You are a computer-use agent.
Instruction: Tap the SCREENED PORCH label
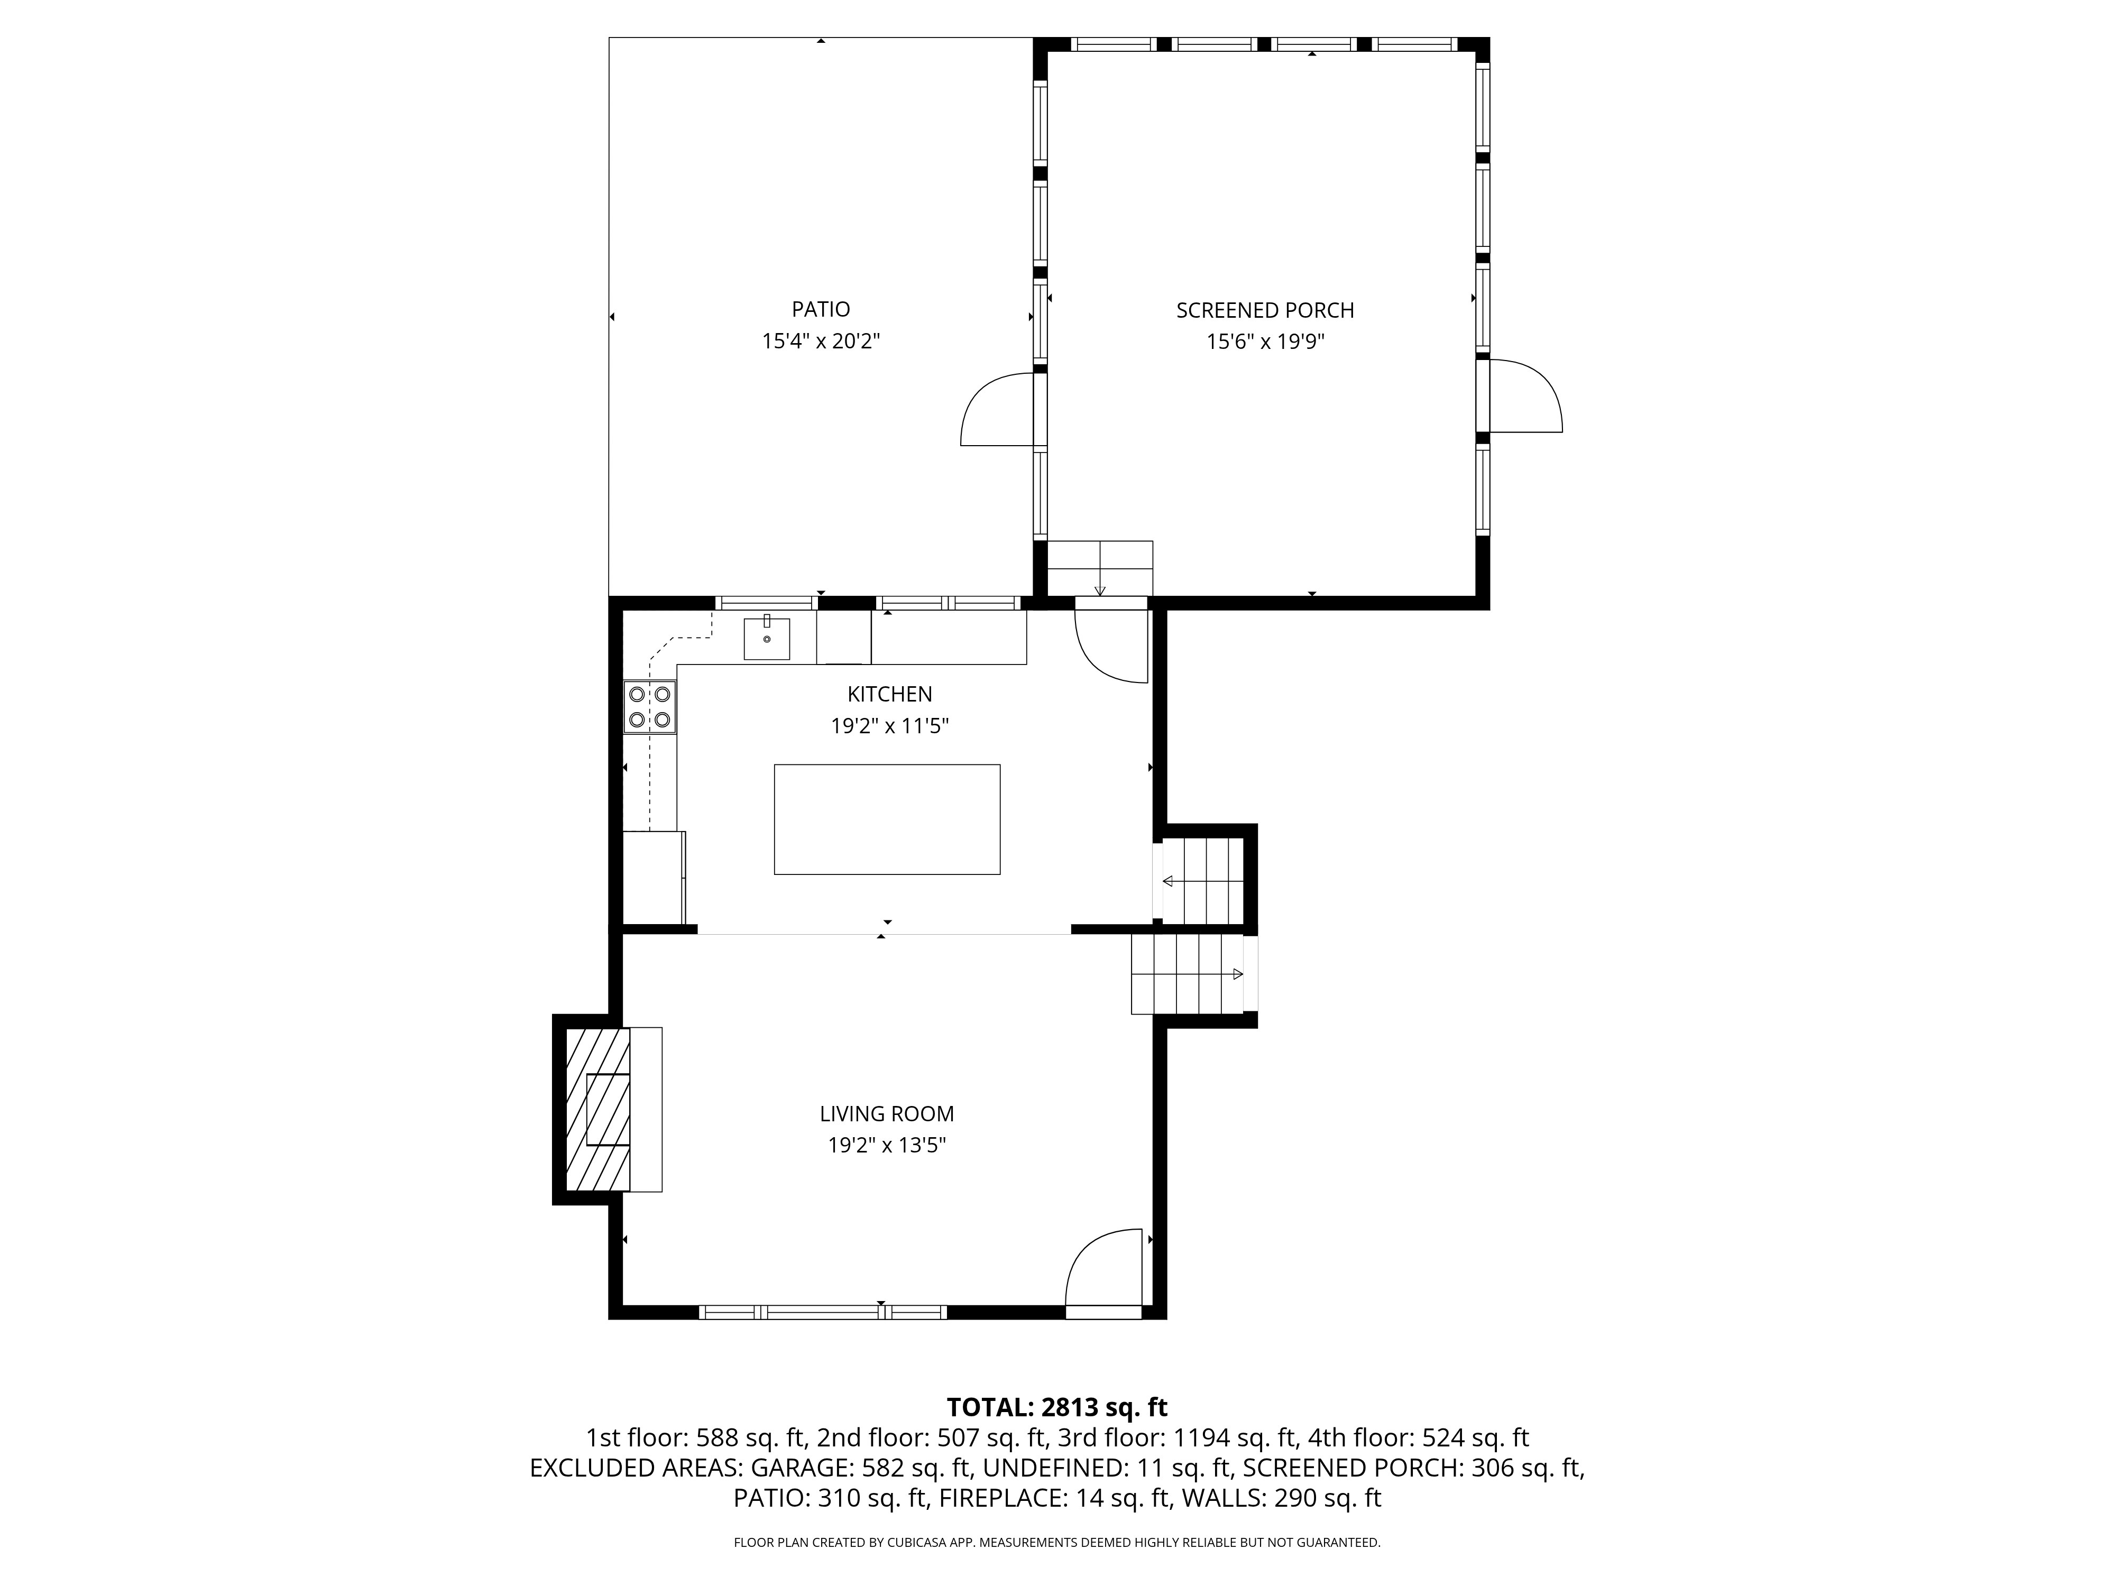1265,311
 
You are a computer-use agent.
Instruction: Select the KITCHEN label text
889,694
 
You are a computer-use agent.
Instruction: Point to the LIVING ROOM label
886,1114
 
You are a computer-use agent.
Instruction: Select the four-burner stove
649,706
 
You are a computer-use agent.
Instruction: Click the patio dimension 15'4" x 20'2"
821,342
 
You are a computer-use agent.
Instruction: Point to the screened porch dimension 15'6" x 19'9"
1265,342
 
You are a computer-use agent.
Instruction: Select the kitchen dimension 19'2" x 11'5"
889,726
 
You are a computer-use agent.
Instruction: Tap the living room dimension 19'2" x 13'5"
886,1145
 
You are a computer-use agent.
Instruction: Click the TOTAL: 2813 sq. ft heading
1056,1407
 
